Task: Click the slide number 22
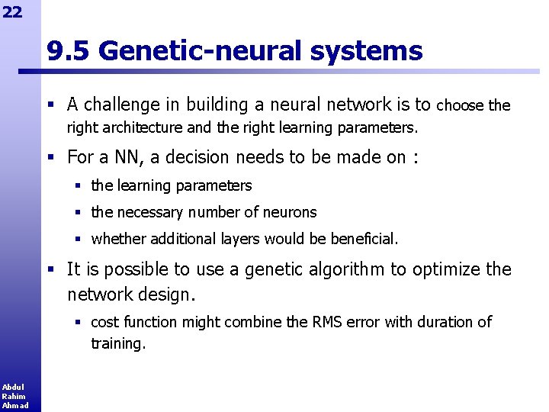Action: click(x=12, y=11)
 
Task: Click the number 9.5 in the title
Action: click(x=69, y=51)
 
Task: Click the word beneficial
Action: click(x=364, y=239)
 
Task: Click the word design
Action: click(x=172, y=294)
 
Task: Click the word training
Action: click(x=117, y=344)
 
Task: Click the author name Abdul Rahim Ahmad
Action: click(x=14, y=396)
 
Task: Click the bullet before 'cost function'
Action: click(x=78, y=322)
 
